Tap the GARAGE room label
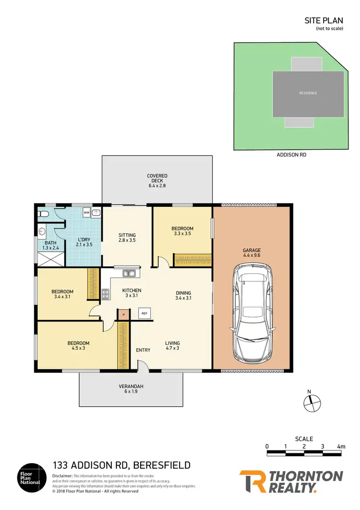pos(252,250)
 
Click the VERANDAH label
pos(132,387)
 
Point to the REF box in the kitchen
pos(144,314)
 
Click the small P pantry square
pos(123,315)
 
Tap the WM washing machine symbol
pos(86,212)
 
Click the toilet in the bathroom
pos(43,214)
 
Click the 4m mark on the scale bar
pos(341,447)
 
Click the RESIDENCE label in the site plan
pos(308,93)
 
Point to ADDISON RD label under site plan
pos(291,155)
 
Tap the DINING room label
pos(183,292)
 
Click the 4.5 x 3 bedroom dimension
pos(78,349)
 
